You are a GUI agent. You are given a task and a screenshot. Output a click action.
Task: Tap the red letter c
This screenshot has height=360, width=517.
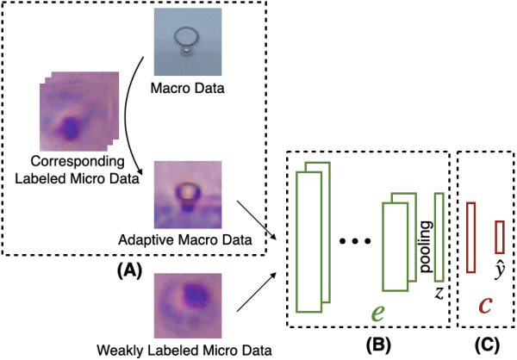485,305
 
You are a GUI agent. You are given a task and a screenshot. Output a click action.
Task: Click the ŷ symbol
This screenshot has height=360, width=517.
499,264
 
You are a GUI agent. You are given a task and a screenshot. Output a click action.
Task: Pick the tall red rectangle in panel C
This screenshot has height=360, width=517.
470,237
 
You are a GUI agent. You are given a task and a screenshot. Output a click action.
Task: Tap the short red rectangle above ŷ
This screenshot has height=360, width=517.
499,235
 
